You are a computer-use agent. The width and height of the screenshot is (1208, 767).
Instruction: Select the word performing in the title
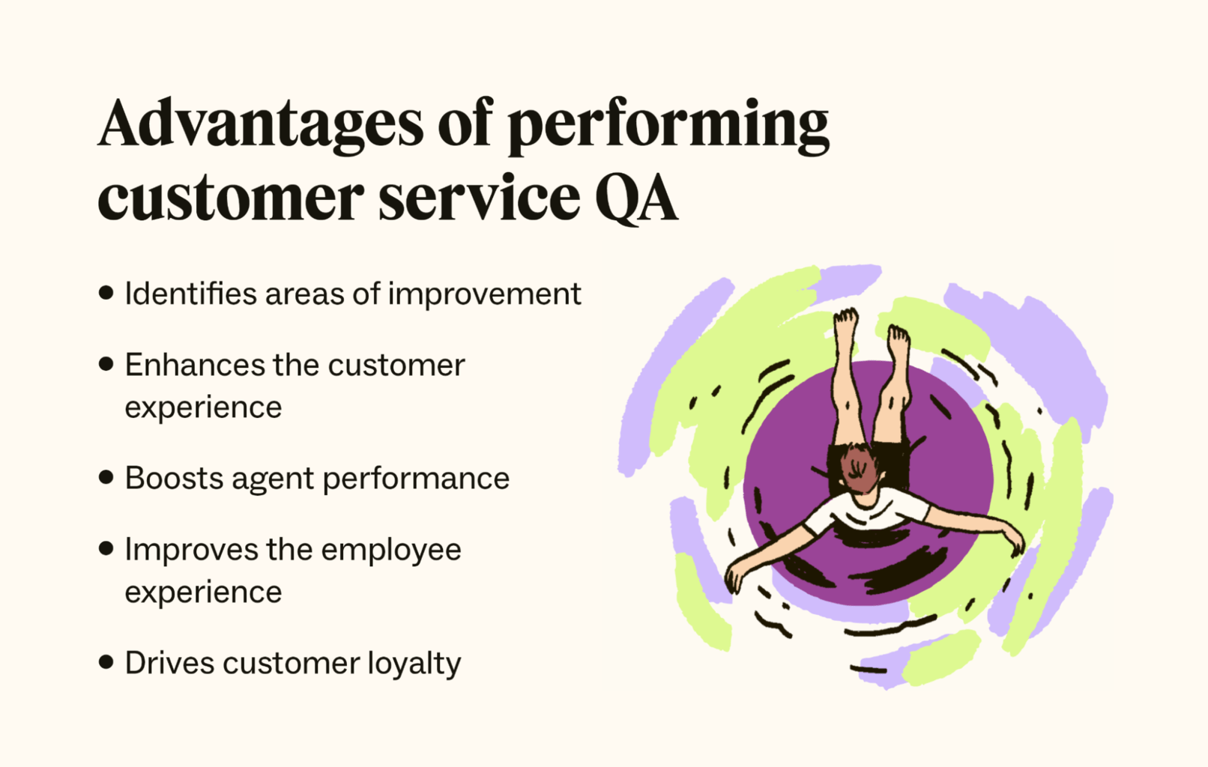[668, 127]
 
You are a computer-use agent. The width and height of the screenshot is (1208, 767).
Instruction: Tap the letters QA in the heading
[636, 198]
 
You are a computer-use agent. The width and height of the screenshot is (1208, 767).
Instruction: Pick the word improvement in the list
[484, 295]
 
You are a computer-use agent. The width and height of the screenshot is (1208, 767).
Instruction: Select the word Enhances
[195, 365]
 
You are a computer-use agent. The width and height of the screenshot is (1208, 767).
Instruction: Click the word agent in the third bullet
[273, 480]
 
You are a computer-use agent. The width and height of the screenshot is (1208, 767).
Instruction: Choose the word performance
[416, 479]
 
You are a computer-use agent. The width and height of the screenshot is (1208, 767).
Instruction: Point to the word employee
[391, 551]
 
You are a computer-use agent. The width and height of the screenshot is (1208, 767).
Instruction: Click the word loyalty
[414, 664]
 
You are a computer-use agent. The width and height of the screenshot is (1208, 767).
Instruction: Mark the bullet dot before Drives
[106, 662]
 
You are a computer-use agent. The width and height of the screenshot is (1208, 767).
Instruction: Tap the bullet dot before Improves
[106, 548]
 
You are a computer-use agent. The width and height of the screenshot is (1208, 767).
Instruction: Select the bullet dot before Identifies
[106, 293]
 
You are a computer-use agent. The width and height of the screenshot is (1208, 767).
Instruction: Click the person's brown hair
[861, 468]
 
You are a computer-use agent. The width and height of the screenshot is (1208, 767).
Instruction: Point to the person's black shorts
[869, 464]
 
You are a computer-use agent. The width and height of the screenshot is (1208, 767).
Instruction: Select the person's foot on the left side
[845, 324]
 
